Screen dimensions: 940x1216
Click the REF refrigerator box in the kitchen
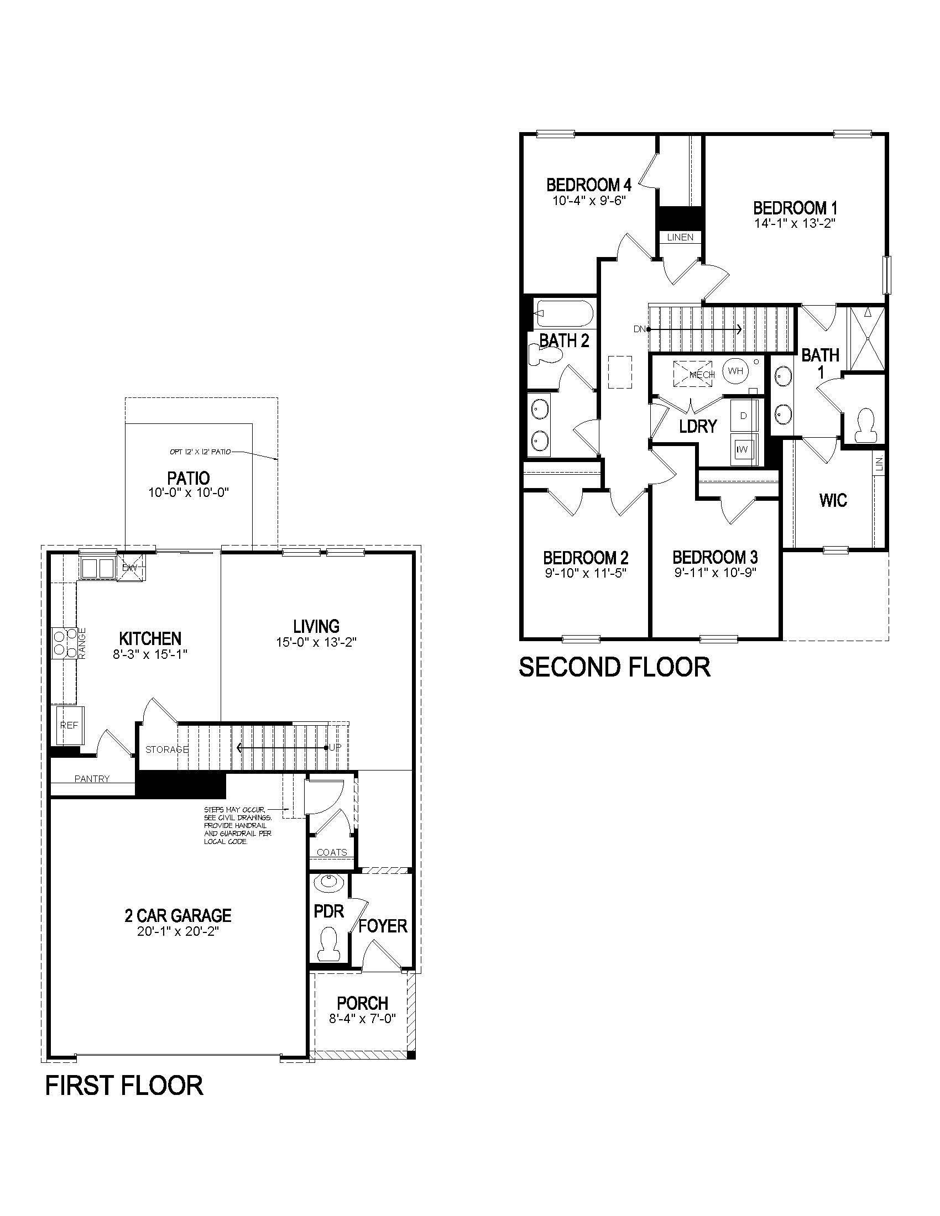[70, 725]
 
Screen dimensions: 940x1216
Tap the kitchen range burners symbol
[65, 643]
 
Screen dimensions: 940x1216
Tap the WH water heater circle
[735, 371]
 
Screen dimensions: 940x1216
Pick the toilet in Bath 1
[865, 426]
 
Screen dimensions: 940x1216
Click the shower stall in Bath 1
[865, 338]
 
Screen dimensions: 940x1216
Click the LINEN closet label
[680, 237]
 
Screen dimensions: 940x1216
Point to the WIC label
[833, 500]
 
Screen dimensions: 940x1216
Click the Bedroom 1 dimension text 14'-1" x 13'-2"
[795, 223]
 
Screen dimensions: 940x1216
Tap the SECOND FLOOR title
[614, 667]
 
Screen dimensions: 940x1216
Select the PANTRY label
[92, 779]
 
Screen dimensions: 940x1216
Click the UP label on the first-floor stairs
[335, 747]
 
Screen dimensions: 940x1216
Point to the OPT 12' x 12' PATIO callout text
[200, 452]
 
